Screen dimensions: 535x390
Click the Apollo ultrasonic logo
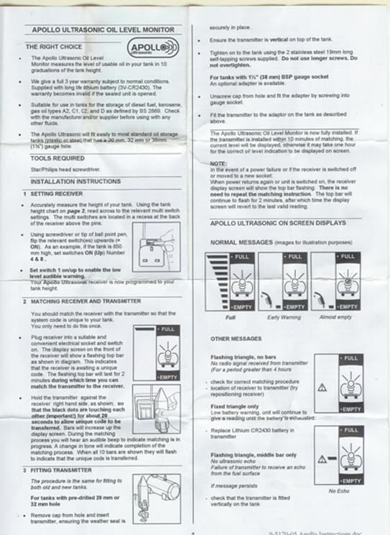(148, 48)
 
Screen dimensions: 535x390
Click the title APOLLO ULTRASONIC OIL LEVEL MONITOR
(101, 29)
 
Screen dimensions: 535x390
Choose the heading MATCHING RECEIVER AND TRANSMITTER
(85, 301)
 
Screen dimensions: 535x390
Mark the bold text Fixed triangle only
(234, 406)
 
